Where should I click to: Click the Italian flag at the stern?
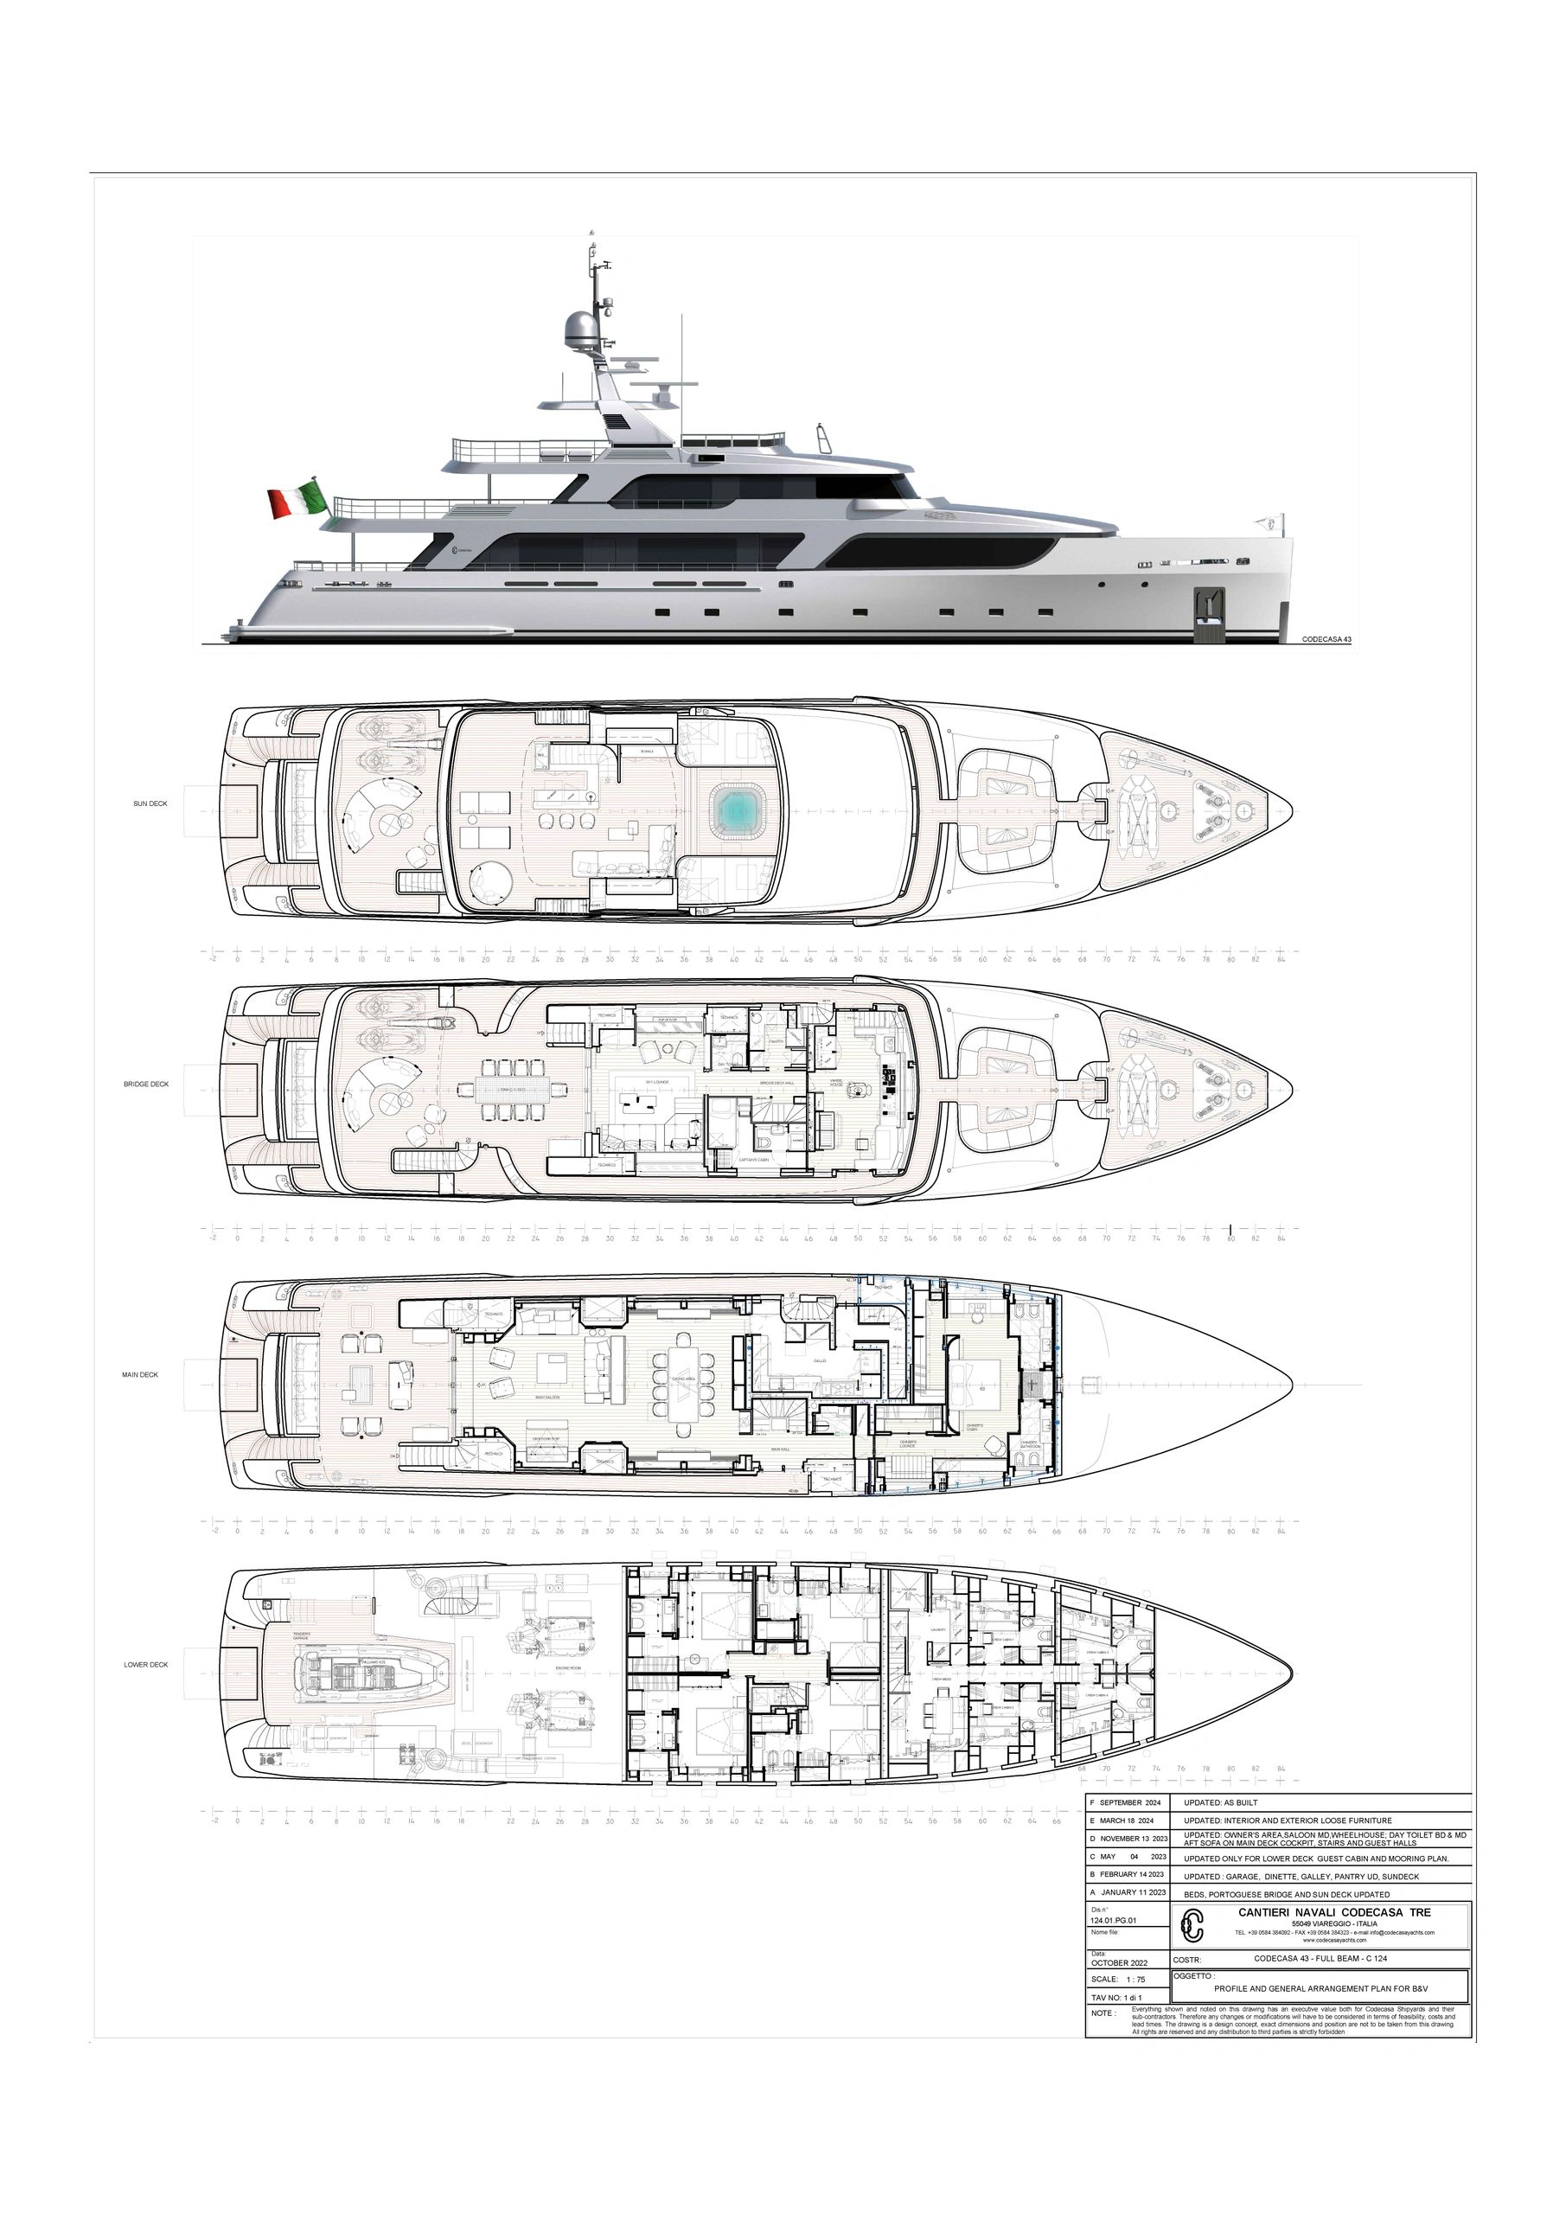pyautogui.click(x=295, y=502)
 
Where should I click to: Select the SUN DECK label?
pyautogui.click(x=150, y=803)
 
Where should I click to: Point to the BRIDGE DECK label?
pyautogui.click(x=145, y=1084)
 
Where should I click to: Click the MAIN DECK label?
pyautogui.click(x=140, y=1374)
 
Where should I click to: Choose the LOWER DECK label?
pyautogui.click(x=145, y=1664)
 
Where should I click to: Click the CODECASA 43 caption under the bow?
pyautogui.click(x=1326, y=638)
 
